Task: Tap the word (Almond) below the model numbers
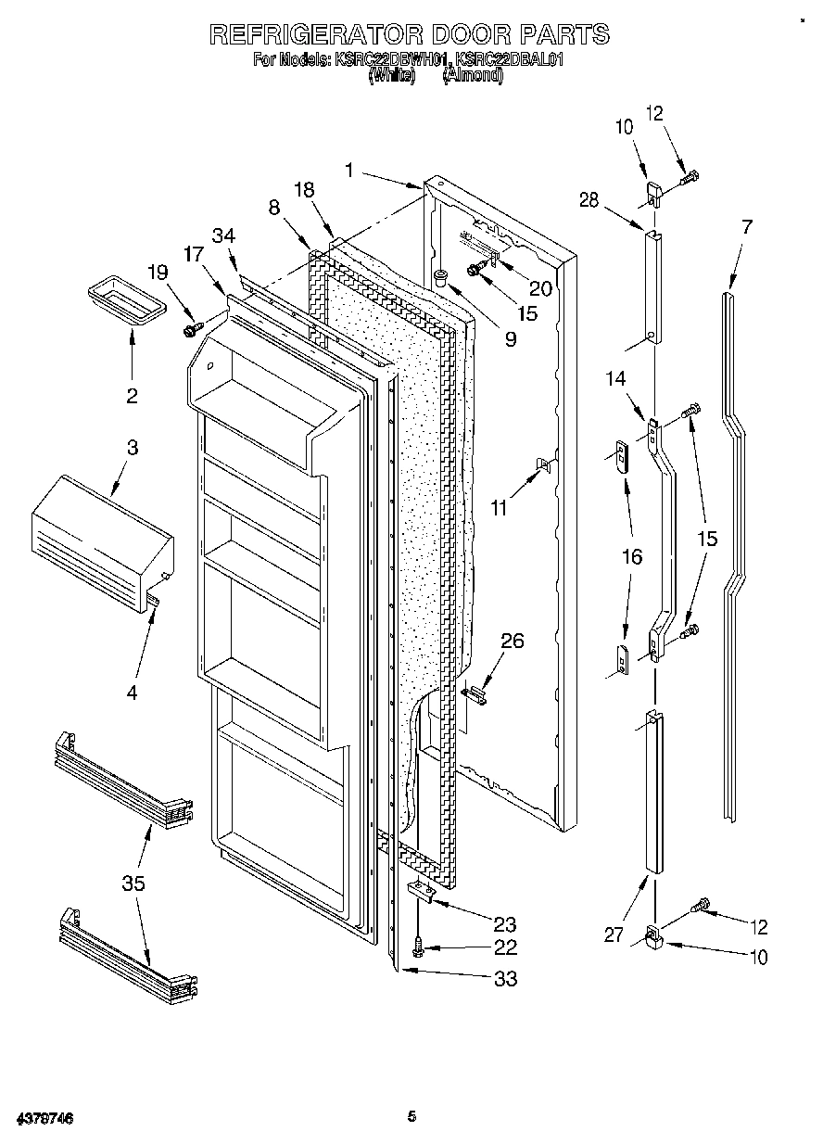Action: (473, 77)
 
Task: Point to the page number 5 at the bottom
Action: (411, 1117)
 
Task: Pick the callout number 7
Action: (746, 225)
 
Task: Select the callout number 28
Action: (589, 199)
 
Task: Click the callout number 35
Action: (133, 883)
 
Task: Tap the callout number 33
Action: (505, 978)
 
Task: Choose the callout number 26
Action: (512, 641)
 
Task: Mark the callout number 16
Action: (632, 556)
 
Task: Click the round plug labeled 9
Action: (440, 274)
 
